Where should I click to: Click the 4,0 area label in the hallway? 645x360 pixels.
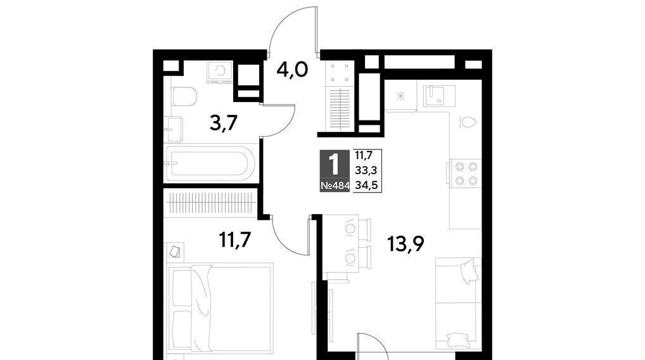293,70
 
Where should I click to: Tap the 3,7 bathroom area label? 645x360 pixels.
224,122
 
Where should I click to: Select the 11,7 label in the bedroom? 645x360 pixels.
235,240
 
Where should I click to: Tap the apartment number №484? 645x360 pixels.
335,186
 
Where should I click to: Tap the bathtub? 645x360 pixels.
210,164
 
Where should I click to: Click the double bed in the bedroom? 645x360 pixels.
221,308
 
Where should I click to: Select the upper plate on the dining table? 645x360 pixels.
350,228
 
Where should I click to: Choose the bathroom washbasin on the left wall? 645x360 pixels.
173,129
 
